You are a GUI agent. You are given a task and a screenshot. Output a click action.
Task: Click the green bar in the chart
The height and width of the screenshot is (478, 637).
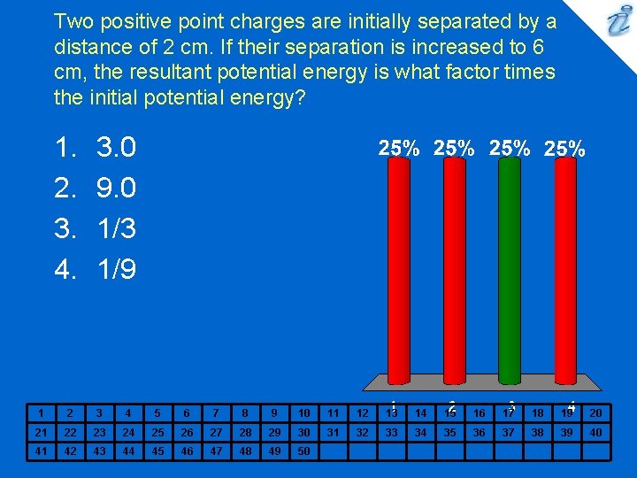[509, 270]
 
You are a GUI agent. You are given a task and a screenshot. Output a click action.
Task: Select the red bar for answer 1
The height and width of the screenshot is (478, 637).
[399, 270]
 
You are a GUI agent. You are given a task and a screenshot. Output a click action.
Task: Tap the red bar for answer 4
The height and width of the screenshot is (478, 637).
[564, 270]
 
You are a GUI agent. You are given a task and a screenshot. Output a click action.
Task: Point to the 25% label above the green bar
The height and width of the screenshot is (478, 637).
[510, 149]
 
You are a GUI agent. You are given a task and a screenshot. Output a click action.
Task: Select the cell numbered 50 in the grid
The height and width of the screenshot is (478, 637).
[303, 451]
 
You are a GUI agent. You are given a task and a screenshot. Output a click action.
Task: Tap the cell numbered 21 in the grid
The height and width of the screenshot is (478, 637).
[41, 432]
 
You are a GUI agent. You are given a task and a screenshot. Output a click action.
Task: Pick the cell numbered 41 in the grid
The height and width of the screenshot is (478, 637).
[41, 451]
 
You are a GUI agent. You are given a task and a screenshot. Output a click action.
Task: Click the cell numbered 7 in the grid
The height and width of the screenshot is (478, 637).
[216, 412]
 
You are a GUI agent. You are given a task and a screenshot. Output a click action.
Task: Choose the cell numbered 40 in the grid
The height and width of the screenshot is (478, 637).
[595, 432]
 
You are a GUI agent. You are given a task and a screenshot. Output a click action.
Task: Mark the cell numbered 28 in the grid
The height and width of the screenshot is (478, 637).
[245, 432]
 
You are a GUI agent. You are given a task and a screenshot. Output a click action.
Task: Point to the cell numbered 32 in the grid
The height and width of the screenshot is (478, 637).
[362, 432]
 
